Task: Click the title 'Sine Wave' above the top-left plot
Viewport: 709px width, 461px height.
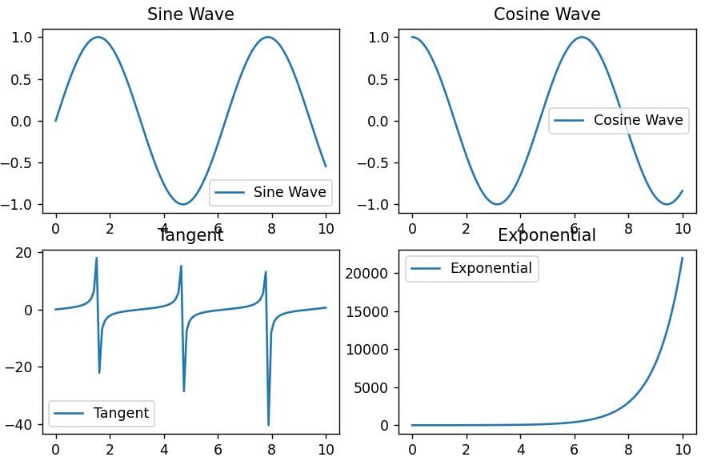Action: click(x=190, y=14)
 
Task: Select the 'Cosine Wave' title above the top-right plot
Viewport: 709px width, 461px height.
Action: click(x=547, y=14)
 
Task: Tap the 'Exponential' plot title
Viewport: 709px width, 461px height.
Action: click(x=547, y=235)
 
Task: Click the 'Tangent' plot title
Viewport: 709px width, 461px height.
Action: click(x=190, y=235)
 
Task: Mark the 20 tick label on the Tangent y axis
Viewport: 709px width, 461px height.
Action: click(x=25, y=253)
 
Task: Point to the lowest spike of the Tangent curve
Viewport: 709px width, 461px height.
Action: click(x=269, y=425)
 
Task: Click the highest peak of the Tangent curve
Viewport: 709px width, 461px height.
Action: click(x=97, y=258)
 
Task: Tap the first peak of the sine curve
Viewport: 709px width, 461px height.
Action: click(x=98, y=37)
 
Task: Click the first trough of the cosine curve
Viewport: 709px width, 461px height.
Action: click(x=497, y=204)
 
